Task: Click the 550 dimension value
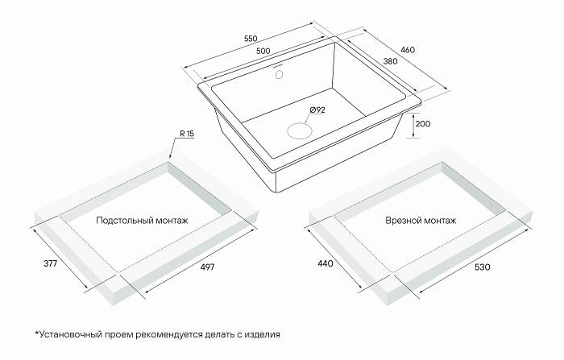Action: pyautogui.click(x=251, y=39)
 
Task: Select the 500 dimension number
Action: pyautogui.click(x=263, y=51)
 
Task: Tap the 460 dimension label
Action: pyautogui.click(x=408, y=50)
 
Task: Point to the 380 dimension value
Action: pyautogui.click(x=390, y=61)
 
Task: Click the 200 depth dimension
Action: pyautogui.click(x=423, y=124)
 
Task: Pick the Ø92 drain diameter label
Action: pyautogui.click(x=317, y=110)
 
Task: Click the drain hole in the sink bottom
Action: pyautogui.click(x=299, y=130)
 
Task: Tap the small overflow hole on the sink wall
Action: pyautogui.click(x=279, y=74)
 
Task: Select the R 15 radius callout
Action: pyautogui.click(x=187, y=134)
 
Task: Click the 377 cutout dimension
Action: pyautogui.click(x=50, y=263)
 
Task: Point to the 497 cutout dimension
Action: pyautogui.click(x=207, y=267)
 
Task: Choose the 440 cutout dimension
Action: pyautogui.click(x=326, y=263)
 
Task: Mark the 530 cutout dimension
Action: pyautogui.click(x=483, y=267)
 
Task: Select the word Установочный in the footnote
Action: pyautogui.click(x=71, y=334)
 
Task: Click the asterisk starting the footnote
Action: pyautogui.click(x=37, y=333)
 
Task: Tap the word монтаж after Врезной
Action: pyautogui.click(x=440, y=221)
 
